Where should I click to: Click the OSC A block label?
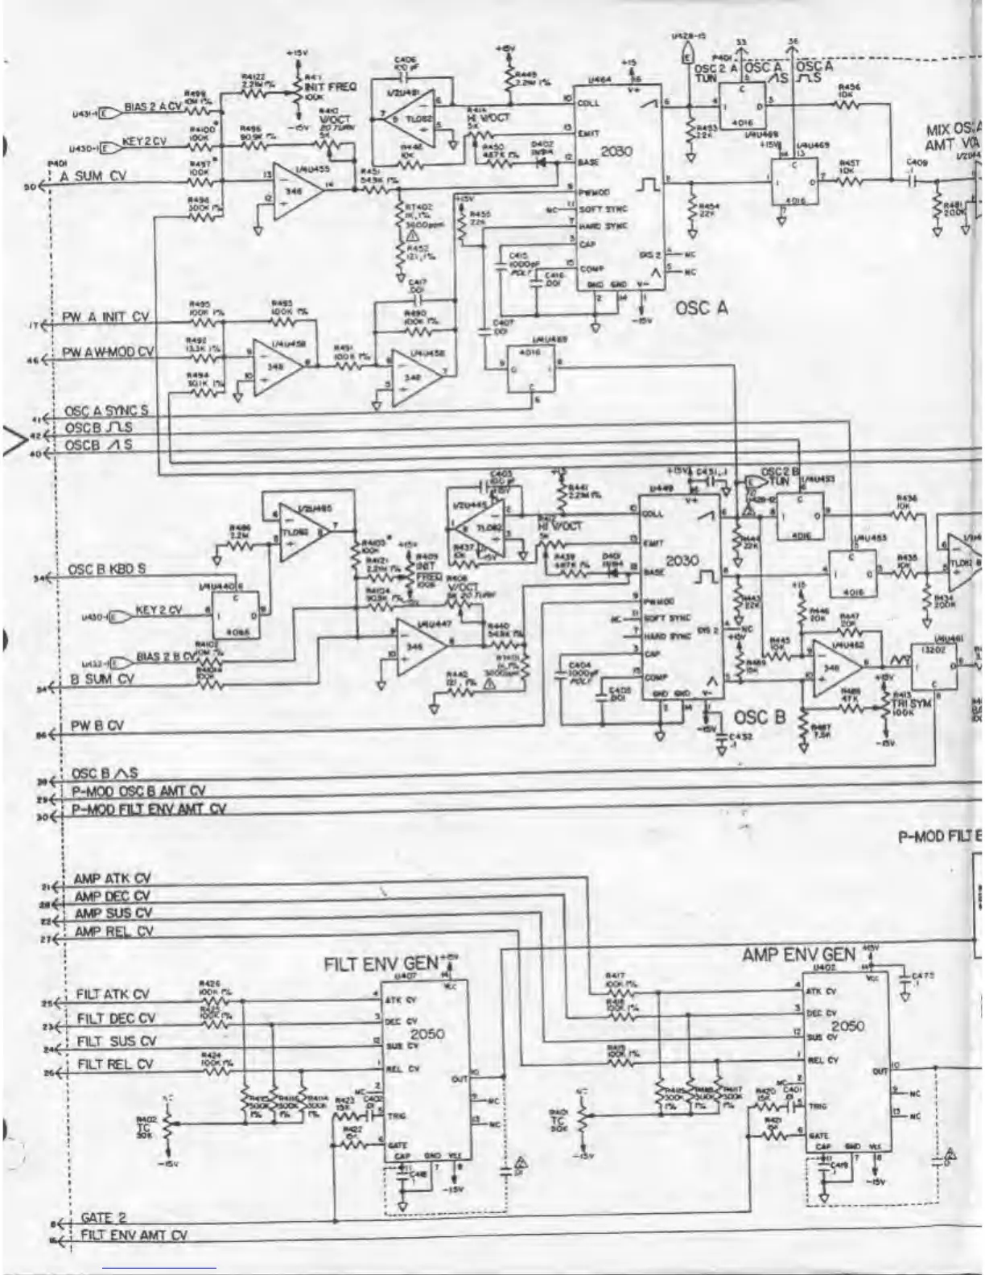point(702,307)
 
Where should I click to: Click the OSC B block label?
point(759,716)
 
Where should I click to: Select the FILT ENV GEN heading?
point(381,963)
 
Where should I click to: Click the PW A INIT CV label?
point(105,317)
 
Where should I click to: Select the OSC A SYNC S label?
point(105,411)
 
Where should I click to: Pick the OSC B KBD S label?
point(106,569)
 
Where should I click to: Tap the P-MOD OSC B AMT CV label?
point(138,791)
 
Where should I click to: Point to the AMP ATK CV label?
point(112,878)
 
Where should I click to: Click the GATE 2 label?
point(104,1218)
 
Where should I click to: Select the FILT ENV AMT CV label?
point(134,1234)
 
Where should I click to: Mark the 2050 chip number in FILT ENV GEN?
point(427,1033)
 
